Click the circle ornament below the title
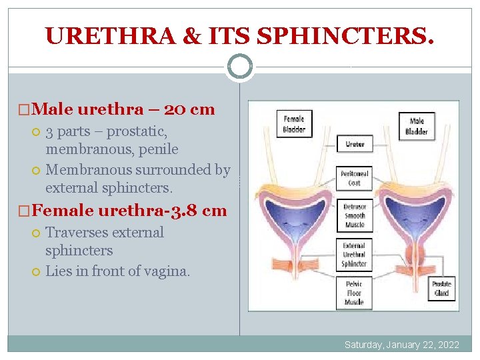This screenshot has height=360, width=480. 240,66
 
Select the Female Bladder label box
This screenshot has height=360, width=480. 293,124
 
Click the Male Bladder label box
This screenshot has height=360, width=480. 417,127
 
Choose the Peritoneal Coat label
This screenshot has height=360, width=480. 354,178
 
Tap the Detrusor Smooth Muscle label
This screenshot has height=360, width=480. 354,216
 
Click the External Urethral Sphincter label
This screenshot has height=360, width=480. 354,254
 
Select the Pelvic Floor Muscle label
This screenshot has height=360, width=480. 354,293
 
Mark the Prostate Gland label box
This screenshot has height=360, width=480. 441,289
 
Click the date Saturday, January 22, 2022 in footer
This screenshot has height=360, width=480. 401,345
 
